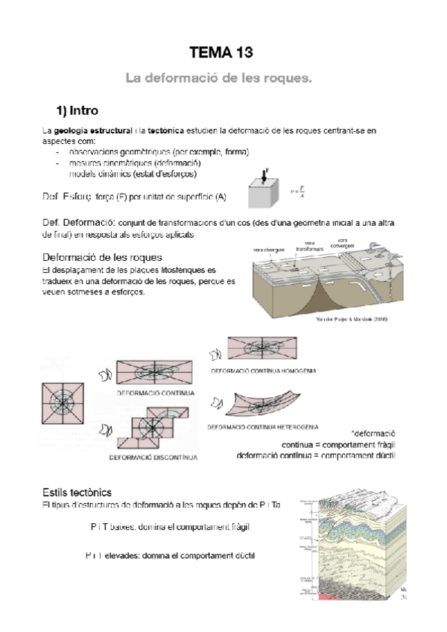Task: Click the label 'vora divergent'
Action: (265, 249)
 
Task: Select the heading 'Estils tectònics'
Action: (77, 492)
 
